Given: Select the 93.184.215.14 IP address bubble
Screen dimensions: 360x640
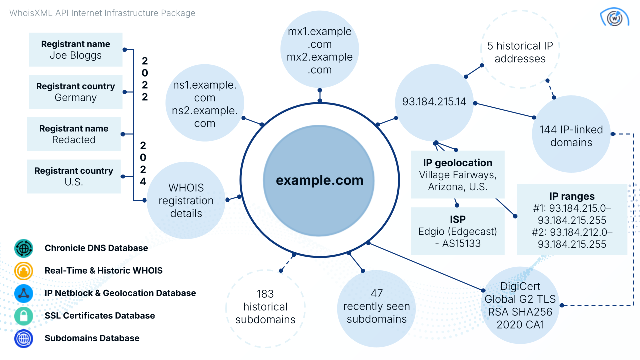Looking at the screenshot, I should tap(434, 102).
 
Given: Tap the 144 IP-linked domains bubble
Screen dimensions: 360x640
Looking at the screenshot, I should tap(571, 136).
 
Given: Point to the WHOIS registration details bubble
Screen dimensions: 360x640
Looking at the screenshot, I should tap(185, 201).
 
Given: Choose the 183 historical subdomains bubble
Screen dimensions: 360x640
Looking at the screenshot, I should tap(265, 306).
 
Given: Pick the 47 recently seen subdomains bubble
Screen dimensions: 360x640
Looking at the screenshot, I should tap(376, 306).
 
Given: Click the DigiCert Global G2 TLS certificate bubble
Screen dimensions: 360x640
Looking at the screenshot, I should tap(520, 306).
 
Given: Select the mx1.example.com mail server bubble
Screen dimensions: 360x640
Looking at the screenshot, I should tap(320, 51).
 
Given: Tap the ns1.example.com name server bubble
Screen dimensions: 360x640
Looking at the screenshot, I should tap(204, 104).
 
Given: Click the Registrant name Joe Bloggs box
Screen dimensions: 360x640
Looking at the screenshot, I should tap(76, 50).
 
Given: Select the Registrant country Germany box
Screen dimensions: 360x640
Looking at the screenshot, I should tap(76, 92).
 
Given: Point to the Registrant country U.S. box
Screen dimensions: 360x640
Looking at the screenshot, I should tap(74, 176).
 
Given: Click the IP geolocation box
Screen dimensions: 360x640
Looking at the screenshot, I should tap(458, 175).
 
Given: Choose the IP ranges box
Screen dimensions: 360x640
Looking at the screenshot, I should tap(572, 220).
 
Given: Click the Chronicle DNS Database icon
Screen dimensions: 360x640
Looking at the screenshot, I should tap(23, 248).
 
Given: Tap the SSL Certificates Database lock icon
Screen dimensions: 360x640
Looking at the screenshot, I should tap(23, 316).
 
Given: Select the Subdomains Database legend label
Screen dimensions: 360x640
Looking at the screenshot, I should tap(92, 338).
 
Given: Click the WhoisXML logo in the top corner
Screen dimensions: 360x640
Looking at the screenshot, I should tap(614, 17).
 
